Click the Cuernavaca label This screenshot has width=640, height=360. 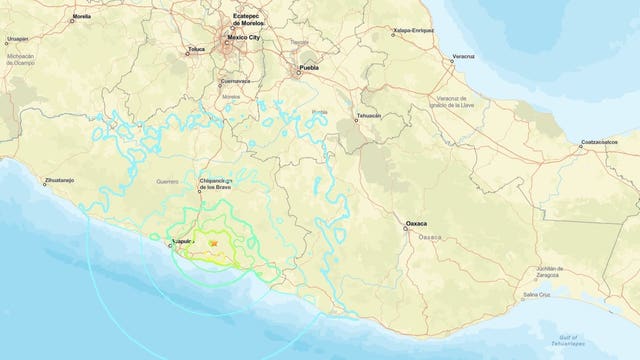click(x=236, y=80)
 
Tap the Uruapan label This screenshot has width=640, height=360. click(x=17, y=39)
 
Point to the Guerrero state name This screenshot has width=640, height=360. click(x=167, y=182)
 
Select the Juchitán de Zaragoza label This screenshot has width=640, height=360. click(x=550, y=271)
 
